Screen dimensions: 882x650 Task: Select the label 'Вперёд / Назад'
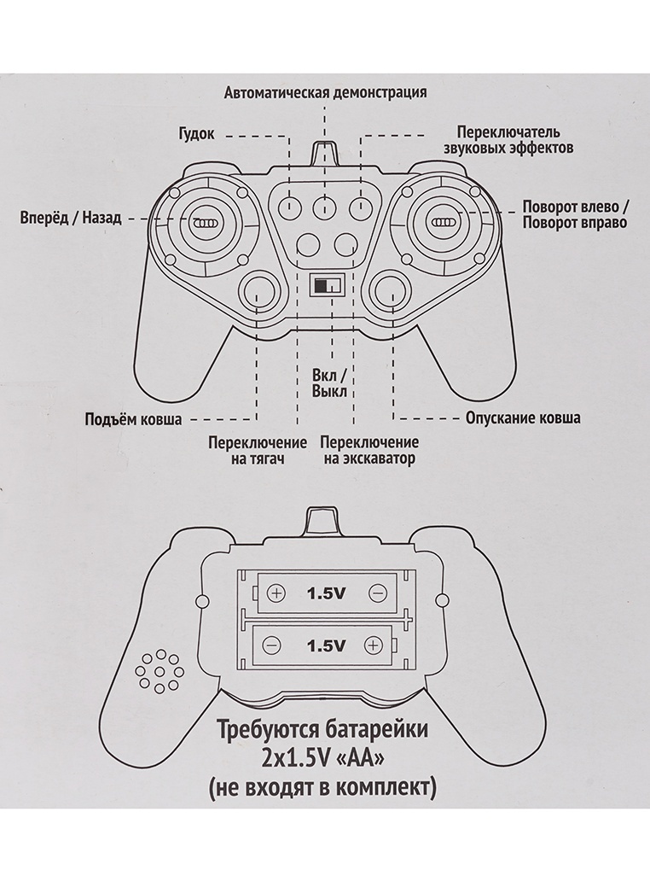pyautogui.click(x=71, y=219)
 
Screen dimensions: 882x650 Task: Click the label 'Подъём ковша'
pyautogui.click(x=138, y=419)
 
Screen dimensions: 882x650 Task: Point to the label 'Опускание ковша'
pyautogui.click(x=523, y=419)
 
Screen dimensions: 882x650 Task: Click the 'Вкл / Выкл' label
pyautogui.click(x=329, y=383)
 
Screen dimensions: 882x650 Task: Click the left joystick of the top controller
pyautogui.click(x=203, y=222)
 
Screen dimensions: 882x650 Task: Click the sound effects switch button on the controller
pyautogui.click(x=361, y=206)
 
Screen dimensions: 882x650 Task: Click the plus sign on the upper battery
pyautogui.click(x=276, y=592)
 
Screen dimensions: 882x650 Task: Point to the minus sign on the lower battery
pyautogui.click(x=271, y=645)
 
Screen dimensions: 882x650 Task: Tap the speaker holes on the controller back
pyautogui.click(x=159, y=671)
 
